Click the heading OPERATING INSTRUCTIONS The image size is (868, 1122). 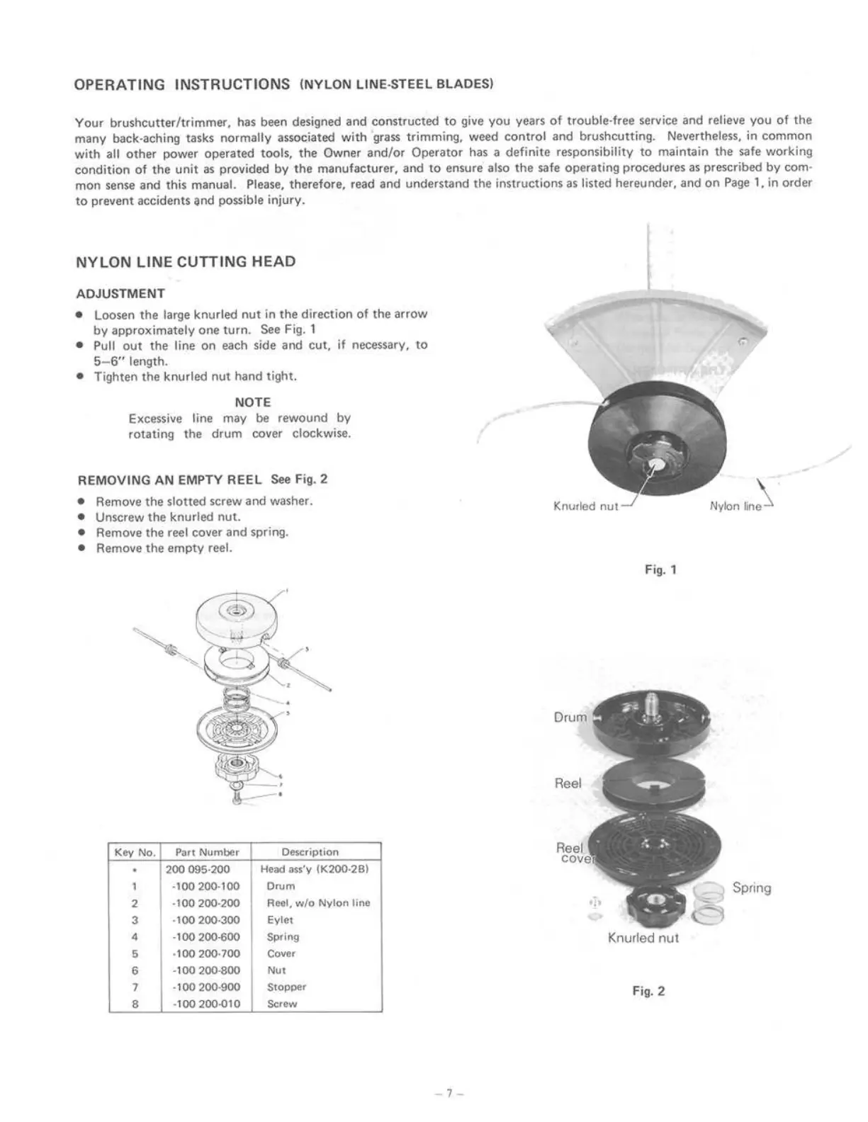coord(182,85)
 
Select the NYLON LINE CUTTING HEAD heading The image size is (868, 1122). coord(186,262)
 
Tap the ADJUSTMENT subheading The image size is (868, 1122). coord(120,294)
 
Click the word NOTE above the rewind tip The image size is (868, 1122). coord(253,402)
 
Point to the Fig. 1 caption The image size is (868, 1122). coord(661,569)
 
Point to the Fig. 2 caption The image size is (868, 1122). coord(649,992)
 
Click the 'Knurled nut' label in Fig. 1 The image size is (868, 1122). coord(585,506)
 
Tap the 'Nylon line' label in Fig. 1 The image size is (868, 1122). coord(735,506)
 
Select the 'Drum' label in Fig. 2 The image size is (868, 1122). coord(570,718)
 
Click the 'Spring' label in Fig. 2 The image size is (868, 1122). coord(752,888)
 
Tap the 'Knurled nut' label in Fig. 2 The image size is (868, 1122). coord(643,939)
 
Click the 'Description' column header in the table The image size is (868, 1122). coord(310,852)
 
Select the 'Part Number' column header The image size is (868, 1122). coord(207,852)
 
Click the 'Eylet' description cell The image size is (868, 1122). coord(280,920)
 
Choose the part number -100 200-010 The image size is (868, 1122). coord(206,1004)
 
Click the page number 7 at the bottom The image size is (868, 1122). coord(449,1093)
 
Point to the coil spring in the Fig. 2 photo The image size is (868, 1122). coord(707,905)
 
